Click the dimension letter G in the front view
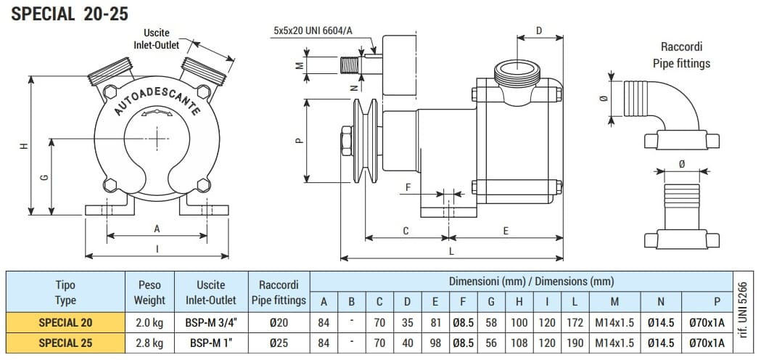45,176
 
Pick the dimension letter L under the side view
451,251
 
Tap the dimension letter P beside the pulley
299,141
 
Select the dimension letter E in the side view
506,231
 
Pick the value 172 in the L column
572,322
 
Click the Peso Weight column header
149,292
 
